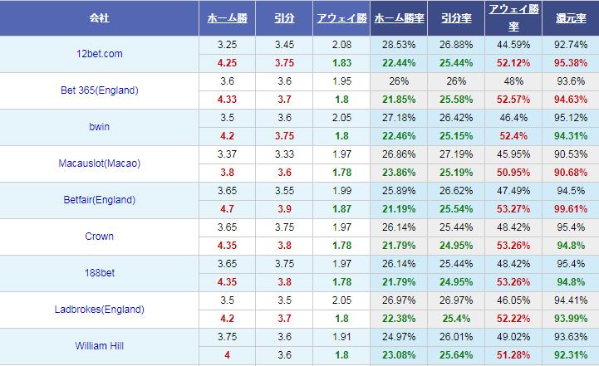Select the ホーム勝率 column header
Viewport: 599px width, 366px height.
pyautogui.click(x=397, y=17)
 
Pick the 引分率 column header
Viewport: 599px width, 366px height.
pyautogui.click(x=454, y=17)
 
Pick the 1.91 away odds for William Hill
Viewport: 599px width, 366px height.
pyautogui.click(x=338, y=337)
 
